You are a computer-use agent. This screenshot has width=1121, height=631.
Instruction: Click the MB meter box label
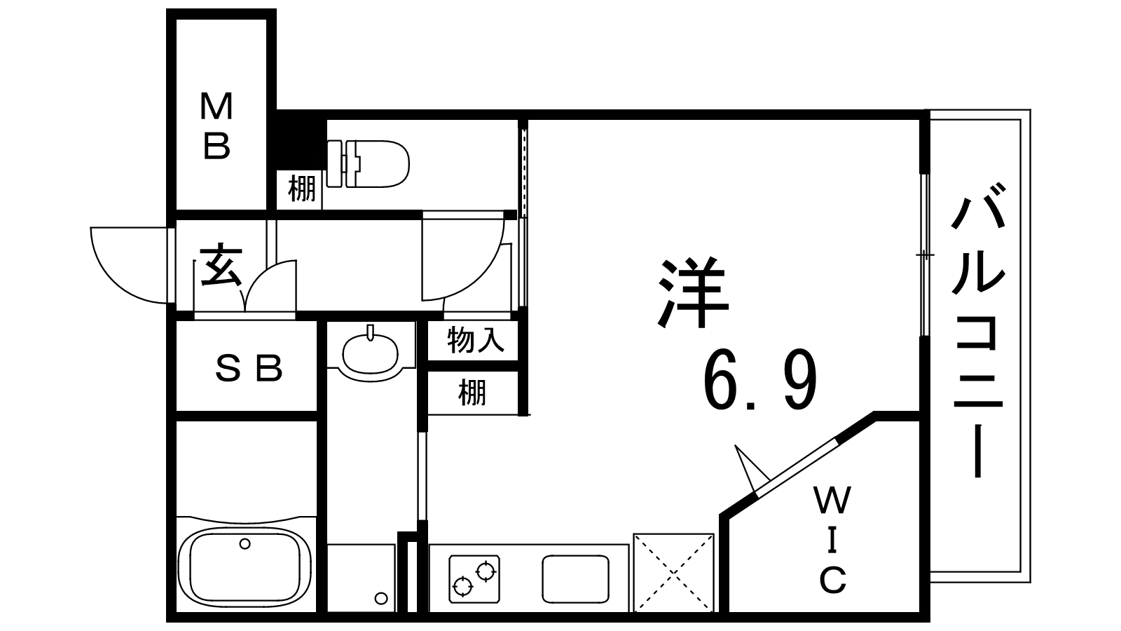pos(217,126)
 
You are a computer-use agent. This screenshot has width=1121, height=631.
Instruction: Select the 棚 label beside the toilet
pos(302,189)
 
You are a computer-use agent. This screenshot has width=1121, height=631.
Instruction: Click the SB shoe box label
pos(249,367)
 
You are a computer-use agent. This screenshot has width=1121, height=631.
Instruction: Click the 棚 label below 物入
pos(472,393)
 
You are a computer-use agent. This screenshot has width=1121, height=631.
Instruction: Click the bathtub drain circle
pos(245,543)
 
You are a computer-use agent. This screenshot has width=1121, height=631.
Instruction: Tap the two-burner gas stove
pos(475,578)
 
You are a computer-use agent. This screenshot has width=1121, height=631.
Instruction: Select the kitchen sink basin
pos(575,579)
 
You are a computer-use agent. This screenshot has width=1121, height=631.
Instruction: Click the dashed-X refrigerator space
pos(674,572)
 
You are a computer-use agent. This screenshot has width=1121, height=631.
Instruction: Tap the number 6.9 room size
pos(760,382)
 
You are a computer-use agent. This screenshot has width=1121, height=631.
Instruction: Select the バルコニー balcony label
pos(978,337)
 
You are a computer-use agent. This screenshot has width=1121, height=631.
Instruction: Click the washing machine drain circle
pos(380,598)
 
